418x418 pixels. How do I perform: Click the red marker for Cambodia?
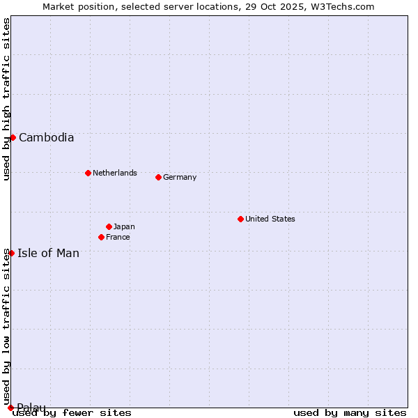[x=13, y=137]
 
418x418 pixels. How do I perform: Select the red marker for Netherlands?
[x=88, y=173]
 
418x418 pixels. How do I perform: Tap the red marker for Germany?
[x=158, y=177]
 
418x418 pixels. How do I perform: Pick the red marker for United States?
[x=240, y=219]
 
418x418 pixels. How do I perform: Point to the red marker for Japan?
[x=109, y=226]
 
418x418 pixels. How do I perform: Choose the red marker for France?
[x=101, y=237]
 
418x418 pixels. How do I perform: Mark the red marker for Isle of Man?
[x=11, y=253]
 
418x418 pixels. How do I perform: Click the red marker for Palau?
[x=10, y=408]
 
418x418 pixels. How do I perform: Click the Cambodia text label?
[x=46, y=137]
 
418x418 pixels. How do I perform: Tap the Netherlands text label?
[x=114, y=173]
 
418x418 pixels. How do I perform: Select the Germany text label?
[x=180, y=177]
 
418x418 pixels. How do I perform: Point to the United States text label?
[x=270, y=219]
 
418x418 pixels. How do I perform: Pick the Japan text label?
[x=124, y=226]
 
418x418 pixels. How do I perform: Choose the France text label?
[x=118, y=237]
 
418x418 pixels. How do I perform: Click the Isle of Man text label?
[x=48, y=253]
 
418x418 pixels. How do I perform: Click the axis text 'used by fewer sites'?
[x=72, y=412]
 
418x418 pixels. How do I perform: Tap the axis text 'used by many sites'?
[x=350, y=412]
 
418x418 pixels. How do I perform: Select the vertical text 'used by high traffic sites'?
[x=6, y=99]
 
